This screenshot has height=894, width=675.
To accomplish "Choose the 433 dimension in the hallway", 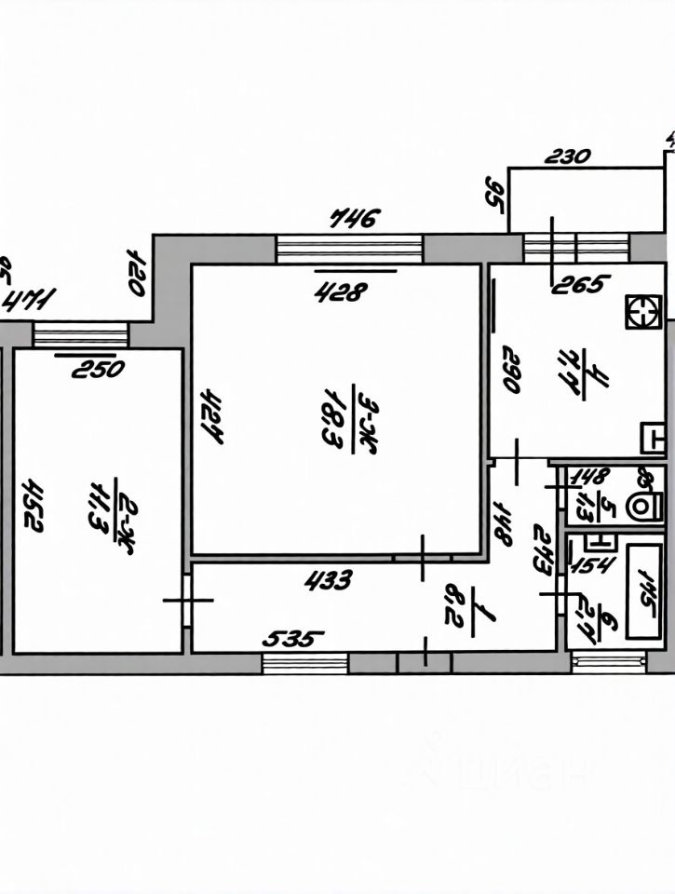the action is [x=329, y=580].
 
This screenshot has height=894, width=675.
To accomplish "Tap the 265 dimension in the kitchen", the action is [x=580, y=283].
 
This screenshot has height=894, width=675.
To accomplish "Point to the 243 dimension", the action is [x=546, y=551].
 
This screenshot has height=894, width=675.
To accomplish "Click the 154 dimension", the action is [x=588, y=563].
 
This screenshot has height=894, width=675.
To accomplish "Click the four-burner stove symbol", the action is [x=642, y=313].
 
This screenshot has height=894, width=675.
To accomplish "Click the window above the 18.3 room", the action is [x=350, y=249].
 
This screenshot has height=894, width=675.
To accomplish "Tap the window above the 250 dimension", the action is [x=81, y=333].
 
